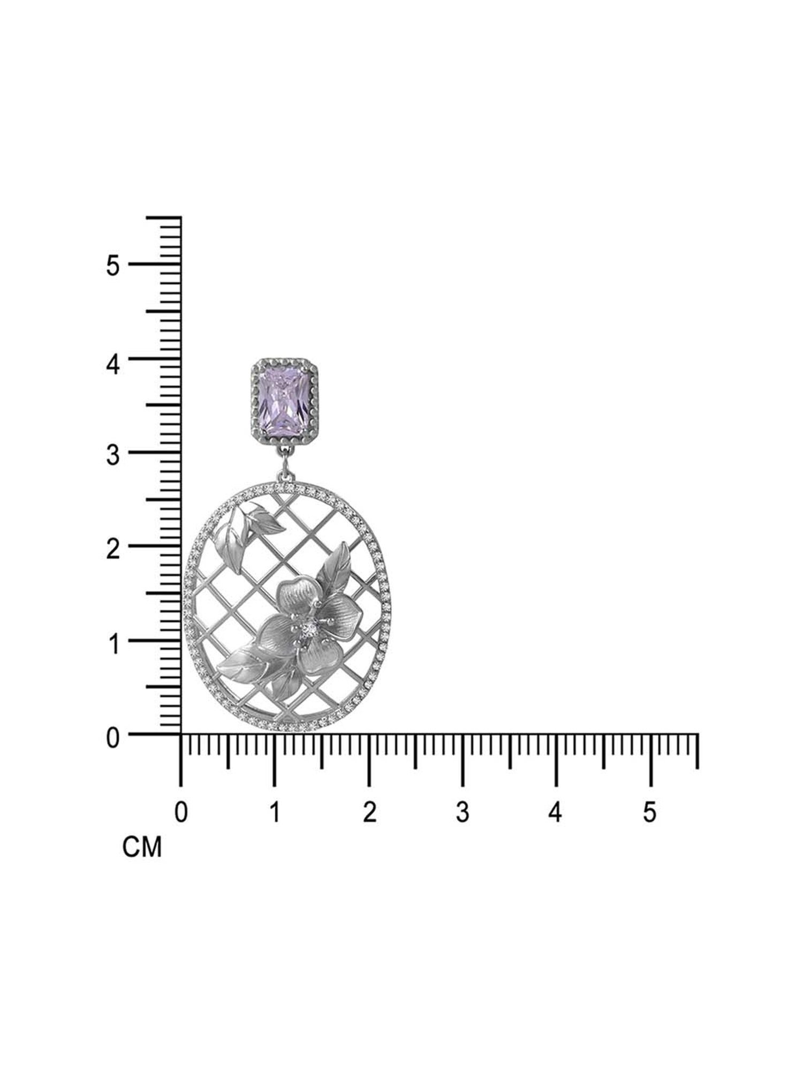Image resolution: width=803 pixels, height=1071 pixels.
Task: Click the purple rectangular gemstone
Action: pos(285,396)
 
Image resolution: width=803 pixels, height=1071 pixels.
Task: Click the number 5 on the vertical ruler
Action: pos(112,266)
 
